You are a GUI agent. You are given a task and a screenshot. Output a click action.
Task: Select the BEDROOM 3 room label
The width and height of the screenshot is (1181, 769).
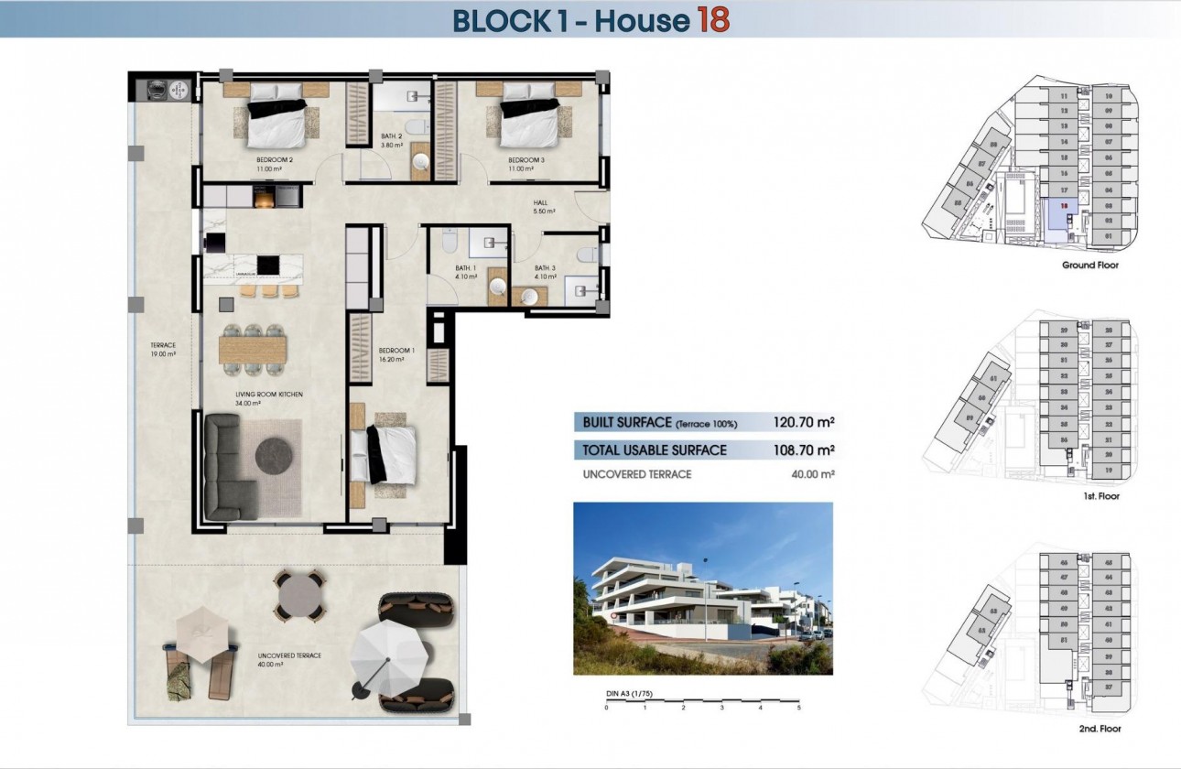click(x=526, y=160)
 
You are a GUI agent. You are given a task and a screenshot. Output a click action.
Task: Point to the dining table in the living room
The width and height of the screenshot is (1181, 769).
click(x=253, y=349)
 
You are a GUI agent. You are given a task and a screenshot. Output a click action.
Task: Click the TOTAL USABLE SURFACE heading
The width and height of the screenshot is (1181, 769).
click(x=655, y=449)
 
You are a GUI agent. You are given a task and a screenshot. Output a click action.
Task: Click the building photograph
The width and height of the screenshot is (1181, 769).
click(x=702, y=588)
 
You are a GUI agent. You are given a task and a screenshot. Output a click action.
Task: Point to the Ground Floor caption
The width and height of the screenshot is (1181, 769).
click(x=1089, y=265)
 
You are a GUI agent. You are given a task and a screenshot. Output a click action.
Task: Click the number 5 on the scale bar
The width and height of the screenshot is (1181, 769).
click(x=798, y=708)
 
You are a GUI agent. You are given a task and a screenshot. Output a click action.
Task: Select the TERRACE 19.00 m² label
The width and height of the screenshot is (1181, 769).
click(x=163, y=350)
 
